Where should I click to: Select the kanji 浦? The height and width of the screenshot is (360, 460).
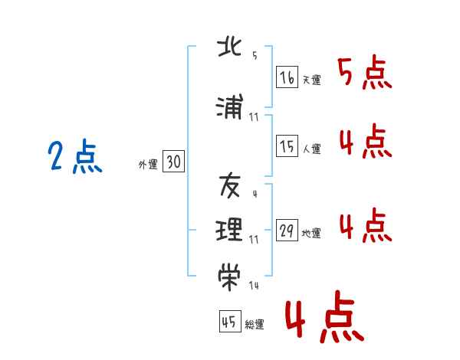tap(230, 109)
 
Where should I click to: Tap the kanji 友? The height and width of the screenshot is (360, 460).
tap(230, 185)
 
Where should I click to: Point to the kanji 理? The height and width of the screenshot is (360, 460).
tap(230, 228)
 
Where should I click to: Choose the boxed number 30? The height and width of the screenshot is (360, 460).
tap(173, 162)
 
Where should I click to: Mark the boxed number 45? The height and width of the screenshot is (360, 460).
tap(229, 322)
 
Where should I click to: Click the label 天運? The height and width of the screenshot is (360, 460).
tap(311, 80)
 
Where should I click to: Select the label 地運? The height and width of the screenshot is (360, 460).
tap(311, 234)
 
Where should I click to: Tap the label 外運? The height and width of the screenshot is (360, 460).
tap(148, 164)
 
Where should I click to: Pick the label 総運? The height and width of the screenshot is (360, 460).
tap(255, 324)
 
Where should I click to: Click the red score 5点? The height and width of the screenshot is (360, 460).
tap(365, 73)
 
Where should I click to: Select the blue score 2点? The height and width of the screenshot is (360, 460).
tap(75, 158)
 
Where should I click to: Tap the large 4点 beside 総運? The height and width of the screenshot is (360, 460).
tap(324, 319)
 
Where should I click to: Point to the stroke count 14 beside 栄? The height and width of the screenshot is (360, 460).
tap(254, 286)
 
